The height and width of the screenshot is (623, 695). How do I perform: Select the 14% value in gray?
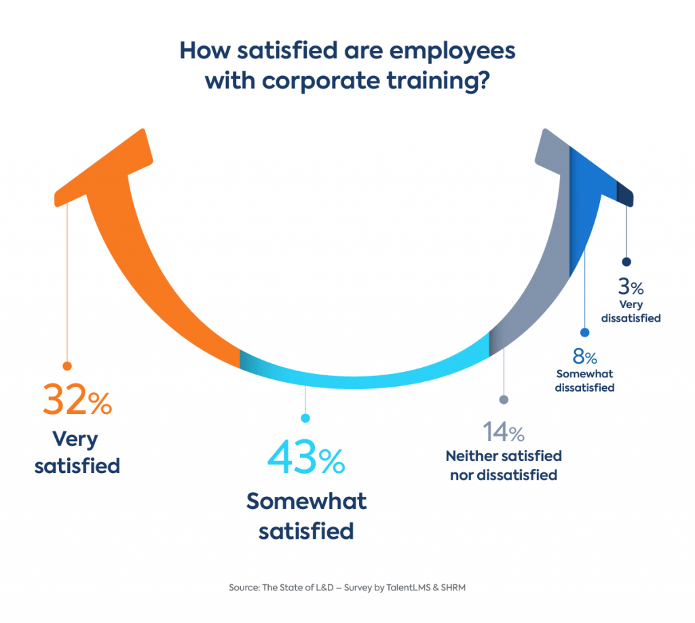[x=503, y=432]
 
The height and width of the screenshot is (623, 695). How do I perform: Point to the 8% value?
[x=584, y=357]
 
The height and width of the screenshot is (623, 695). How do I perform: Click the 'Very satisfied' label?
[x=77, y=453]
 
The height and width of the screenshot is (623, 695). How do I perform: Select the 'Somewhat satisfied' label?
[x=306, y=515]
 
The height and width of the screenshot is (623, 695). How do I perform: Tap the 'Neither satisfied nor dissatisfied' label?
[x=503, y=465]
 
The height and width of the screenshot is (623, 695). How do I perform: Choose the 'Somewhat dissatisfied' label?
[x=584, y=381]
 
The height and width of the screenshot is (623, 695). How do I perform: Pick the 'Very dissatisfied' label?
[x=631, y=311]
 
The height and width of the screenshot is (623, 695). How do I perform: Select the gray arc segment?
[x=536, y=271]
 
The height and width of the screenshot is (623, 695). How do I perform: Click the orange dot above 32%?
[x=67, y=366]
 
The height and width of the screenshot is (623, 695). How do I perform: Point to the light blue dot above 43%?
[x=305, y=418]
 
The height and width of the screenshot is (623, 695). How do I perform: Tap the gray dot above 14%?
[x=503, y=400]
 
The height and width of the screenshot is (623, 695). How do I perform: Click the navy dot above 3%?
[x=626, y=261]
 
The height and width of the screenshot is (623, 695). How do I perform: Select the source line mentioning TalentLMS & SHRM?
[x=347, y=588]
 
